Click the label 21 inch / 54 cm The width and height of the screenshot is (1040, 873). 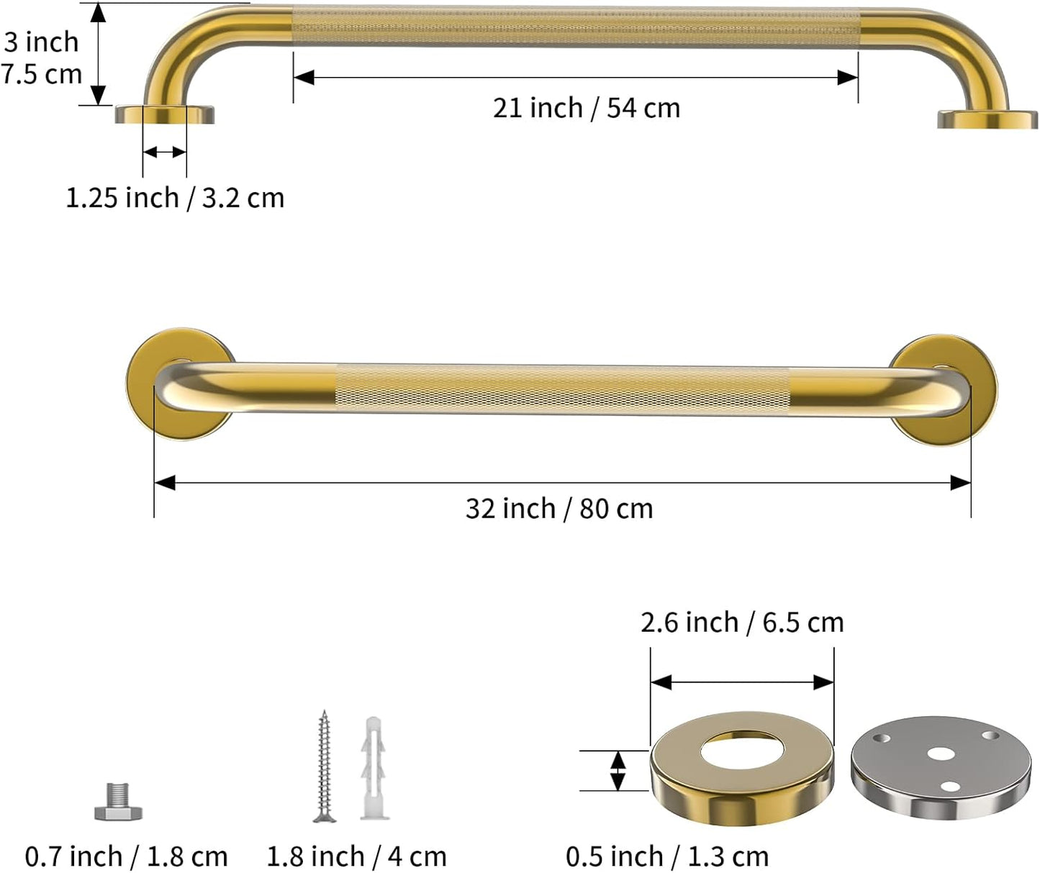pyautogui.click(x=586, y=108)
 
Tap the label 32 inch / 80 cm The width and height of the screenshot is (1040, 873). pyautogui.click(x=559, y=509)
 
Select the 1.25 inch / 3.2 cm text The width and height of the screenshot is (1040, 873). pyautogui.click(x=175, y=198)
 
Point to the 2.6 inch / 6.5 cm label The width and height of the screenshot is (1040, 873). pyautogui.click(x=742, y=623)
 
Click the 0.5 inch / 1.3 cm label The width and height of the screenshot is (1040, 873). pyautogui.click(x=667, y=856)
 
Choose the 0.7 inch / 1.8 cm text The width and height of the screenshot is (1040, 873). pyautogui.click(x=126, y=856)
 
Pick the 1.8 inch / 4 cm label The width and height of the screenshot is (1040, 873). pyautogui.click(x=356, y=856)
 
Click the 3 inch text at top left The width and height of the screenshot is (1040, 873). pyautogui.click(x=41, y=42)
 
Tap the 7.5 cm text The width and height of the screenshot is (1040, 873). pyautogui.click(x=41, y=74)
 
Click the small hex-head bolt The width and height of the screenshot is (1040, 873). pyautogui.click(x=118, y=802)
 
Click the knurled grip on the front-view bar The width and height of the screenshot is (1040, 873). pyautogui.click(x=561, y=389)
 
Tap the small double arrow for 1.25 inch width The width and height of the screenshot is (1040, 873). pyautogui.click(x=165, y=152)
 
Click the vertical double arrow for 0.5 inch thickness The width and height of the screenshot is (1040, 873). pyautogui.click(x=618, y=770)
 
